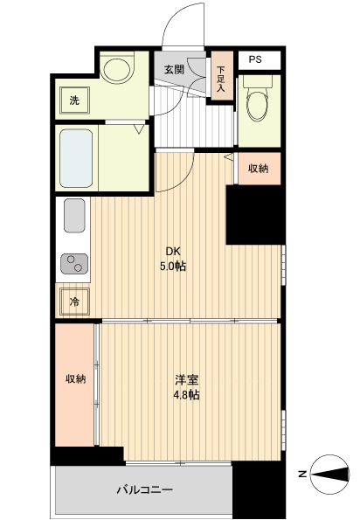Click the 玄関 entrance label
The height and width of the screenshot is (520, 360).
pos(173,69)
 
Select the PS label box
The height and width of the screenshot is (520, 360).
pos(255,59)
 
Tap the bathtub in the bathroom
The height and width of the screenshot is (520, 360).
pos(76,158)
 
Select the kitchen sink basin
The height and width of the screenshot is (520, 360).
pos(74,215)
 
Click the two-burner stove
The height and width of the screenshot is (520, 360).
pos(73,263)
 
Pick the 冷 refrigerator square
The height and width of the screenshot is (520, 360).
pos(74,302)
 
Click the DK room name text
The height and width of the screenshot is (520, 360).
pos(174,251)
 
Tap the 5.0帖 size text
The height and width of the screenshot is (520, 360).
pos(174,266)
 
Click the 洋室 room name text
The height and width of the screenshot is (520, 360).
pos(185,380)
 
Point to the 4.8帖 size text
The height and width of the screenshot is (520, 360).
pos(185,395)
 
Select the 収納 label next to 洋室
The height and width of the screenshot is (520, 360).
pos(74,378)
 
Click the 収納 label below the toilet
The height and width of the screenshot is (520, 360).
pos(258,169)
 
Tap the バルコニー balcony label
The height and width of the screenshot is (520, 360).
pos(145,489)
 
